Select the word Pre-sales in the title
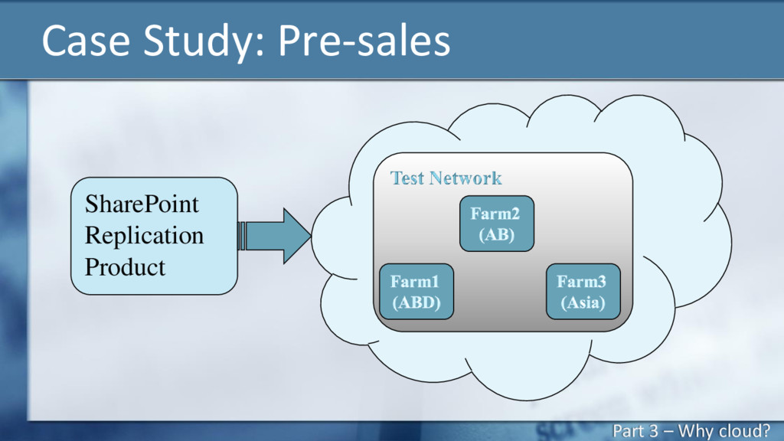(x=364, y=40)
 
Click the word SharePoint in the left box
(x=142, y=204)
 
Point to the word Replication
(x=144, y=235)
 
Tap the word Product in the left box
(x=125, y=267)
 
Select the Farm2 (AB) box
(x=496, y=224)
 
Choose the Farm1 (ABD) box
(x=416, y=292)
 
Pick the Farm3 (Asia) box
(x=583, y=292)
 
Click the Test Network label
(x=446, y=178)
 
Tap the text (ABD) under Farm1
(x=416, y=302)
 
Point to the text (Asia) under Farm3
(x=583, y=302)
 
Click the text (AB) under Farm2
(x=496, y=234)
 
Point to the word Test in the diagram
(x=407, y=178)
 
